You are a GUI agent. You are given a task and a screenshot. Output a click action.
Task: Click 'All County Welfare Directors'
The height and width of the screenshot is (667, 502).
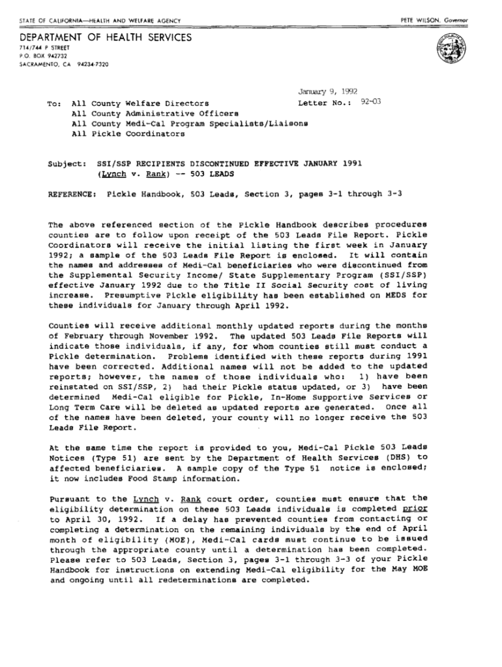pos(140,103)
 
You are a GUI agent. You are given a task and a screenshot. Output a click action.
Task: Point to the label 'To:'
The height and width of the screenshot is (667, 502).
pos(55,103)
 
